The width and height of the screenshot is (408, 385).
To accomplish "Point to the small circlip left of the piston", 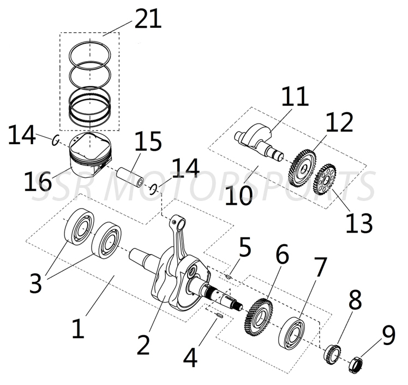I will (56, 140).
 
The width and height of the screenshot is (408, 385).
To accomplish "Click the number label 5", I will (244, 247).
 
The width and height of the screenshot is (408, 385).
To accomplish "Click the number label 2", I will (143, 345).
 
